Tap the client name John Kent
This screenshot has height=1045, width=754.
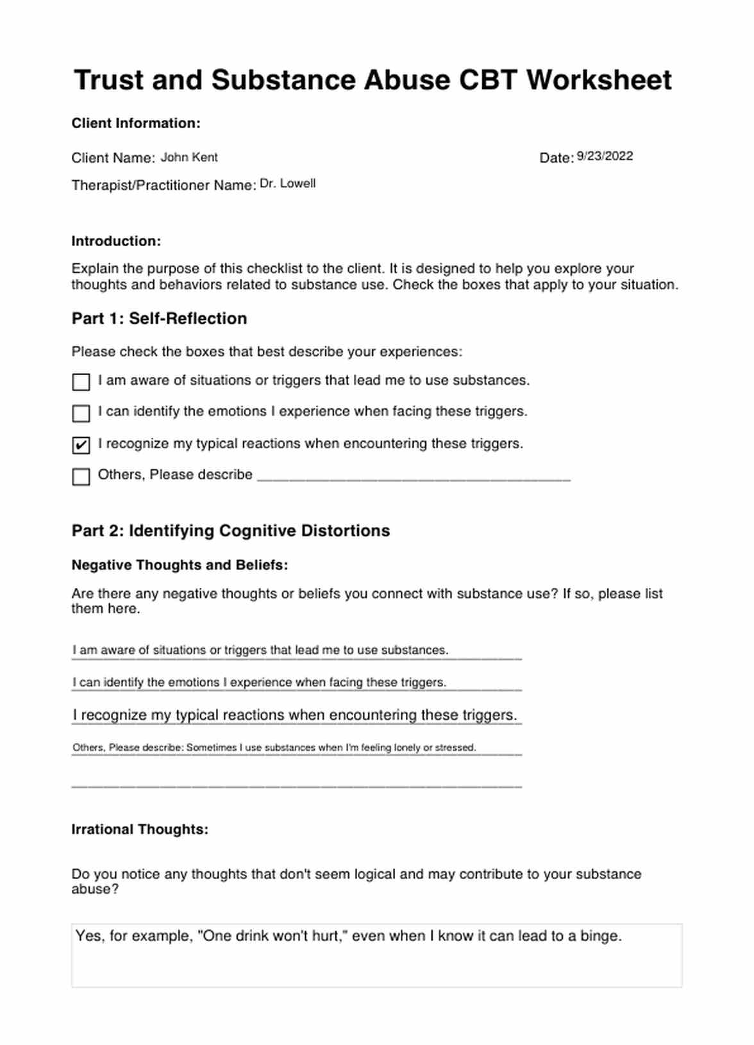188,157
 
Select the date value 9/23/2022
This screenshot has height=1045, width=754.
605,156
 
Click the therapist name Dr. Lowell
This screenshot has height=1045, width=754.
287,183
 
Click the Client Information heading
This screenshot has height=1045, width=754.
136,123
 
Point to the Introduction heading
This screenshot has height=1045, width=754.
116,241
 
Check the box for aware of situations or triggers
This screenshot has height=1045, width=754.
81,382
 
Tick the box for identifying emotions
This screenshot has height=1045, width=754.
81,414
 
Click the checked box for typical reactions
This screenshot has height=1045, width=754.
81,445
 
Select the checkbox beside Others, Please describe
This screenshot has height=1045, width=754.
81,476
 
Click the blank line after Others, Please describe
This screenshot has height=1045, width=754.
413,476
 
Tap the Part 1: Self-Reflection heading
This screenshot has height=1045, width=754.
159,319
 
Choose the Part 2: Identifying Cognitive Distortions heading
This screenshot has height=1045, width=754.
231,531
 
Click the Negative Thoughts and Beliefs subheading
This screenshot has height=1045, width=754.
180,565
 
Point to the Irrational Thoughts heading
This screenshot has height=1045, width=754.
140,829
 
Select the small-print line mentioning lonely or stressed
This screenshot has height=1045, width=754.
274,748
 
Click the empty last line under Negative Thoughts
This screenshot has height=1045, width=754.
296,782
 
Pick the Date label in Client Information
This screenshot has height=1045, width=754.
555,158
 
